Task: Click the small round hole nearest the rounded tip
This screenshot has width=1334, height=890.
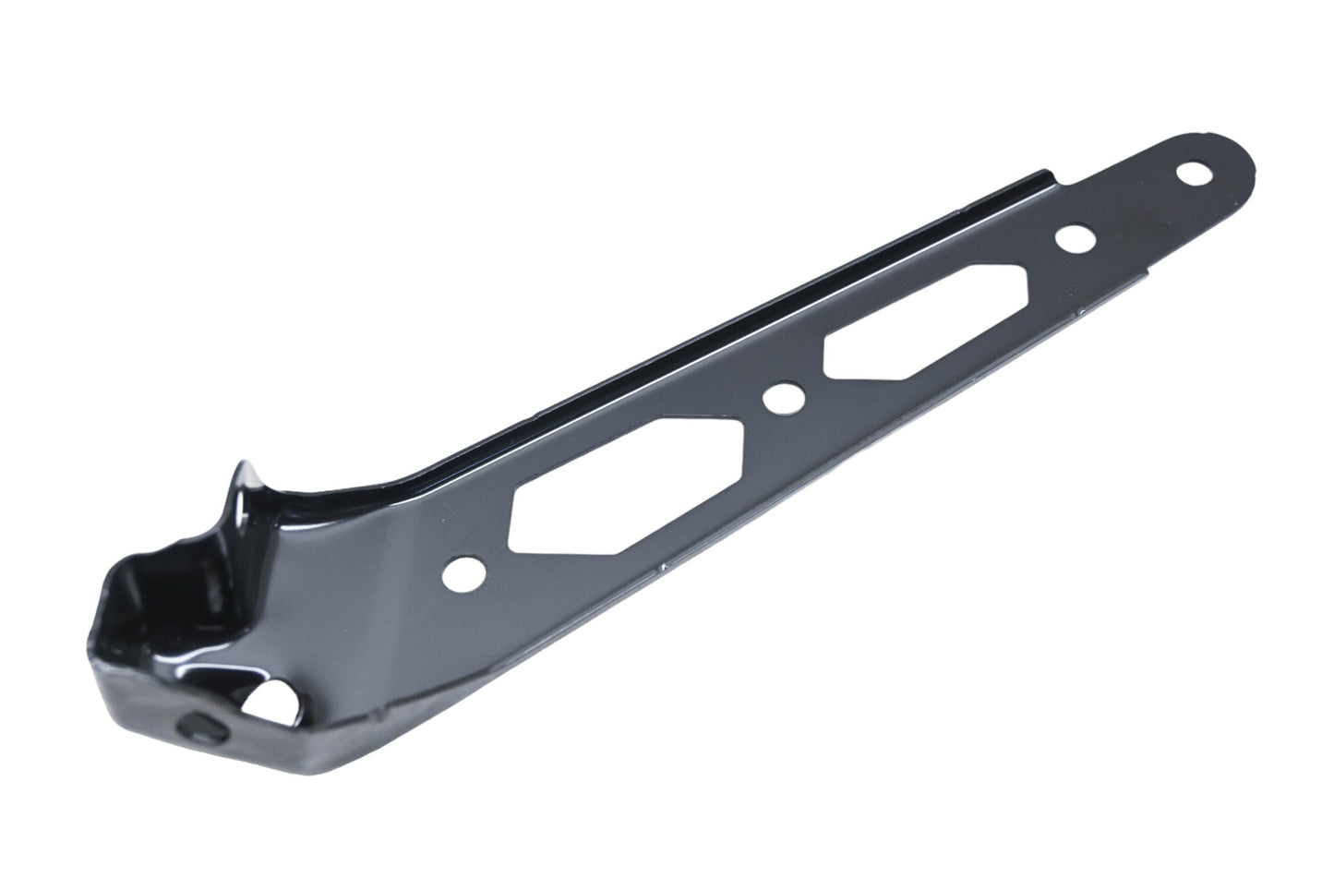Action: tap(1198, 172)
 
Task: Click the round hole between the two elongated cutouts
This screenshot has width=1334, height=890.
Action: tap(783, 398)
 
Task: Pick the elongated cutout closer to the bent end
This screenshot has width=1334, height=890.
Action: tap(628, 486)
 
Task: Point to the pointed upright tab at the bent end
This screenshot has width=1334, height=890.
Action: tap(242, 480)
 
